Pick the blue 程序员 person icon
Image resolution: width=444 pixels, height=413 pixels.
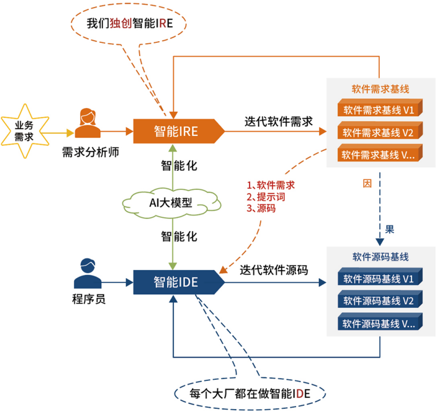pos(87,273)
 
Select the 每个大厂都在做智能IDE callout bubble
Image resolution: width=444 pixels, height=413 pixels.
pos(250,394)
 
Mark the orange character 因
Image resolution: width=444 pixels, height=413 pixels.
pos(367,183)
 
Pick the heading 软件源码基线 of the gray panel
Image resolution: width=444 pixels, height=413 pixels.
pos(380,257)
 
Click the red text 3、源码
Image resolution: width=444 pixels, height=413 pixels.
pos(261,209)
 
